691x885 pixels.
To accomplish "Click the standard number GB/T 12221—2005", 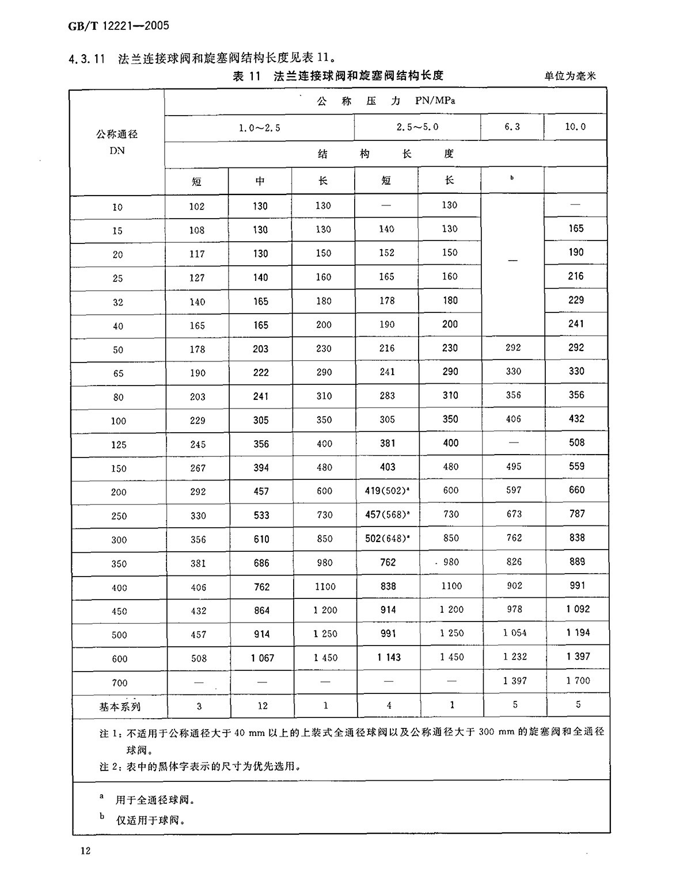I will click(119, 26).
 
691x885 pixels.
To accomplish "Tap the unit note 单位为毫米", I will click(569, 75).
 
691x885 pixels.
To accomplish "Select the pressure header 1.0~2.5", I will click(260, 128).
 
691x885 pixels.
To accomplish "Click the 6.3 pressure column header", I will click(512, 127).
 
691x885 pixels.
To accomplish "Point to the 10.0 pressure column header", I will click(575, 127).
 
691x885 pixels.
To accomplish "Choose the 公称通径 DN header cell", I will click(117, 142).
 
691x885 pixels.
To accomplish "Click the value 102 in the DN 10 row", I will click(197, 207).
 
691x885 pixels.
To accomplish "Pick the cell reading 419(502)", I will click(386, 491).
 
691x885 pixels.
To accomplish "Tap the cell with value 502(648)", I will click(386, 539).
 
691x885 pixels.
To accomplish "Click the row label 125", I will click(118, 445).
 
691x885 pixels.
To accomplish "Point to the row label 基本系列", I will click(120, 707).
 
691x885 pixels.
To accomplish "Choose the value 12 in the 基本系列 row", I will click(263, 705).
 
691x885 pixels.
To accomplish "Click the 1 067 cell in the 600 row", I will click(263, 658).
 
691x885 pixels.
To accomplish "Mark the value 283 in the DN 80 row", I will click(387, 396).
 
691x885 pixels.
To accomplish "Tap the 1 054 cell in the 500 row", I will click(515, 633).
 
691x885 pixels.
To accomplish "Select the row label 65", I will click(118, 373).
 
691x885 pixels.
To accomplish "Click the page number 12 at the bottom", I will click(86, 851).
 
